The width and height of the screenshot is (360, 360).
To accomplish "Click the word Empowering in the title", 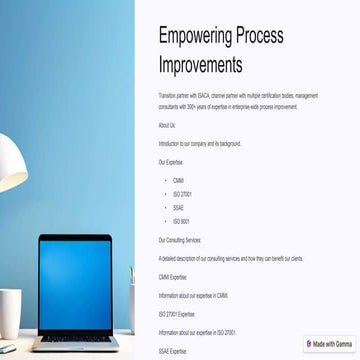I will pyautogui.click(x=193, y=36).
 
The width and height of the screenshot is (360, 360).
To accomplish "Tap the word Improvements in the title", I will pyautogui.click(x=200, y=65).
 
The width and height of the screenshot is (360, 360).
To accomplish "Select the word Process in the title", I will pyautogui.click(x=257, y=36).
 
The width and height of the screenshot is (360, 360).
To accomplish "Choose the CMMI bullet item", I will pyautogui.click(x=178, y=180).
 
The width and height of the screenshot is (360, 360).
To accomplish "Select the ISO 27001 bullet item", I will pyautogui.click(x=182, y=194).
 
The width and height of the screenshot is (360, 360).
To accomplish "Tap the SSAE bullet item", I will pyautogui.click(x=178, y=208).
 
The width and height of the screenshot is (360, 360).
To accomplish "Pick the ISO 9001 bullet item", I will pyautogui.click(x=181, y=221).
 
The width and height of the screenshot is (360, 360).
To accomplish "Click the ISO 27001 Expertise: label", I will pyautogui.click(x=177, y=313).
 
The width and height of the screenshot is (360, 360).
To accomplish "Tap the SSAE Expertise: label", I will pyautogui.click(x=173, y=350).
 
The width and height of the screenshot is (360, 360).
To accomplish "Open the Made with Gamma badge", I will pyautogui.click(x=329, y=343).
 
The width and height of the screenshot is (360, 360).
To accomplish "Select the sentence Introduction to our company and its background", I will pyautogui.click(x=199, y=143).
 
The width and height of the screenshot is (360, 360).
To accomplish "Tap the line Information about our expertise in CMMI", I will pyautogui.click(x=194, y=295).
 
